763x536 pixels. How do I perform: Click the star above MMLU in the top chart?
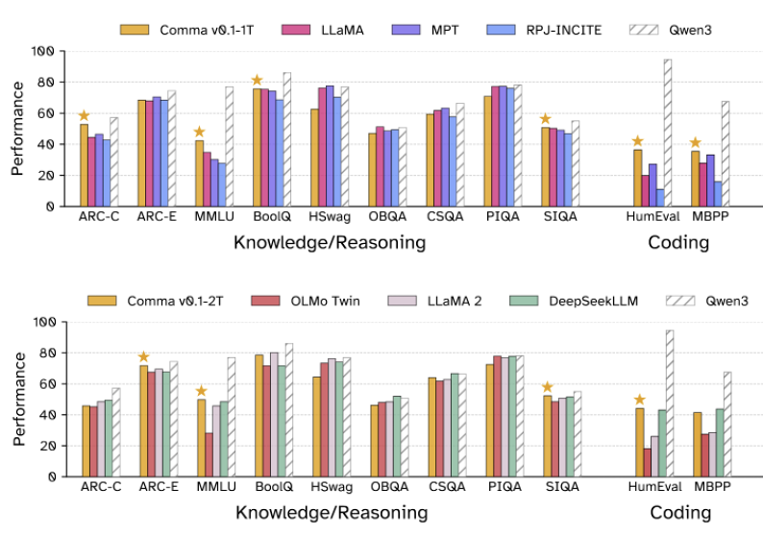[x=200, y=133]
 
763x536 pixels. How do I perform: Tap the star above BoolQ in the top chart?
[x=257, y=80]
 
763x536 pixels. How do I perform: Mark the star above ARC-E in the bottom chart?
[x=143, y=357]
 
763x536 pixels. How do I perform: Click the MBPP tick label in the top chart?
[x=707, y=216]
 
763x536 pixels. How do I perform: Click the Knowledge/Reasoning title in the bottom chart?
[x=330, y=513]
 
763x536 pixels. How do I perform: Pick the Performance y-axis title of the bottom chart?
[x=19, y=399]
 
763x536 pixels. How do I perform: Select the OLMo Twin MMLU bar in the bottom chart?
[x=209, y=454]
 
